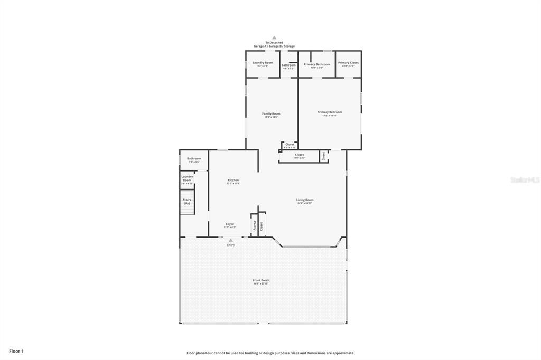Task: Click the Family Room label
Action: point(272,113)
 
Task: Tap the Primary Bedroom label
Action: point(329,112)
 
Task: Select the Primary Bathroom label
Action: point(316,64)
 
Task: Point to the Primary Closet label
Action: point(348,63)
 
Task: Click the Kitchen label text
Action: point(233,180)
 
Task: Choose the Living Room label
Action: point(305,200)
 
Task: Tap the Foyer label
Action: point(230,224)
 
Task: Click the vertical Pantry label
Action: point(254,225)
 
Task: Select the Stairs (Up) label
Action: point(187,201)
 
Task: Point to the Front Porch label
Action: point(261,280)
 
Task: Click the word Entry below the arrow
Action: point(231,245)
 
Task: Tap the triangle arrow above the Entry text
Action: point(231,240)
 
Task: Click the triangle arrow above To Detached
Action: point(274,37)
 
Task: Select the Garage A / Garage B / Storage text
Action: point(274,46)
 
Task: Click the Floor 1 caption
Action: point(16,350)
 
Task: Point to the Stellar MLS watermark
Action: point(525,180)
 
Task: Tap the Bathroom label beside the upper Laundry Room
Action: point(288,65)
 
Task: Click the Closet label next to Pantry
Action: point(261,225)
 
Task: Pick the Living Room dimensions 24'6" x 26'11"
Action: point(305,203)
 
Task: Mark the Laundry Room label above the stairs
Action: point(187,178)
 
